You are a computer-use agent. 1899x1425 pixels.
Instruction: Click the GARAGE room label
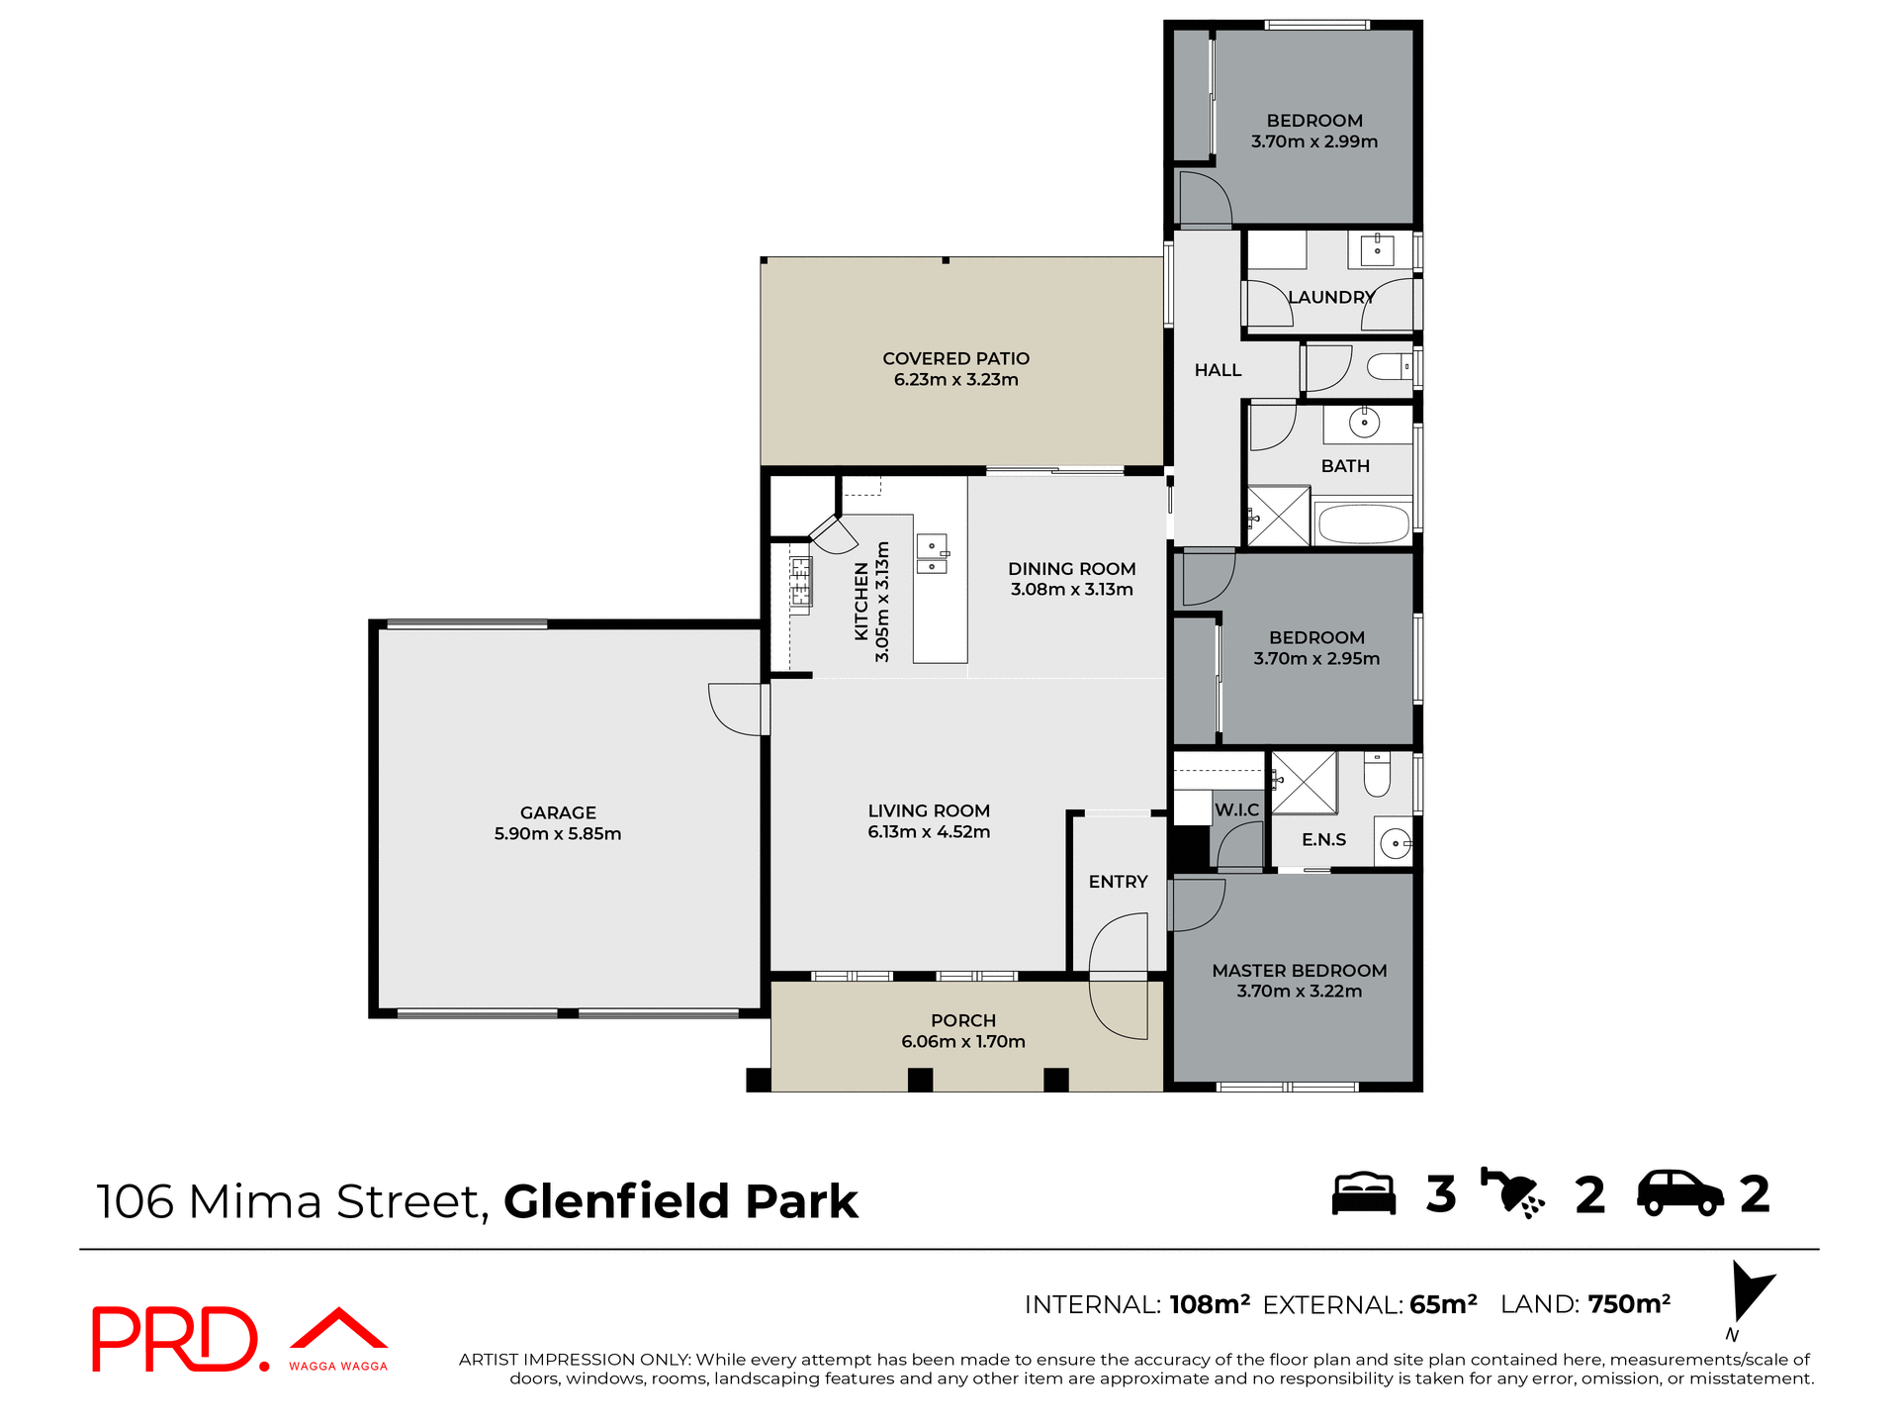pos(558,812)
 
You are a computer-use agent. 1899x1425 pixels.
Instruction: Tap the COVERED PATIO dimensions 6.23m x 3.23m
pos(955,380)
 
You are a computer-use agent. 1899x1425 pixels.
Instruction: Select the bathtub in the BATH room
pos(1363,524)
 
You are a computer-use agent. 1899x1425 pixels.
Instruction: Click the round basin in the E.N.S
pos(1395,844)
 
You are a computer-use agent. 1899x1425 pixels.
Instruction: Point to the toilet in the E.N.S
pos(1377,774)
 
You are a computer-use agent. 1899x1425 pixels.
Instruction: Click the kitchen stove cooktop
pos(800,582)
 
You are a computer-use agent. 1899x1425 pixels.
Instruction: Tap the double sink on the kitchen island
pos(932,554)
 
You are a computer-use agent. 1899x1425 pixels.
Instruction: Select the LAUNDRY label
pos(1331,297)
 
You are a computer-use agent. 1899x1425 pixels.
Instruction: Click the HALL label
pos(1218,370)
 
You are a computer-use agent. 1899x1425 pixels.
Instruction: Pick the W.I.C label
pos(1236,809)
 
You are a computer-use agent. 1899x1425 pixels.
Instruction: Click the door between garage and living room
pos(738,709)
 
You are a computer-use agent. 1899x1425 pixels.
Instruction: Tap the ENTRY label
pos(1118,882)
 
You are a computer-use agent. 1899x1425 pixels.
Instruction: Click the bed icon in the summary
pos(1363,1193)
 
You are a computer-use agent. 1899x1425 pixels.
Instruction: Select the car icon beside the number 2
pos(1679,1193)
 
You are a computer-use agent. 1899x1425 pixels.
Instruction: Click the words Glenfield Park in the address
pos(680,1201)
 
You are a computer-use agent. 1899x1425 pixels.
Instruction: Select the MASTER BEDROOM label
pos(1299,971)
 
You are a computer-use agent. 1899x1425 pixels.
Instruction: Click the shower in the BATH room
pos(1278,516)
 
